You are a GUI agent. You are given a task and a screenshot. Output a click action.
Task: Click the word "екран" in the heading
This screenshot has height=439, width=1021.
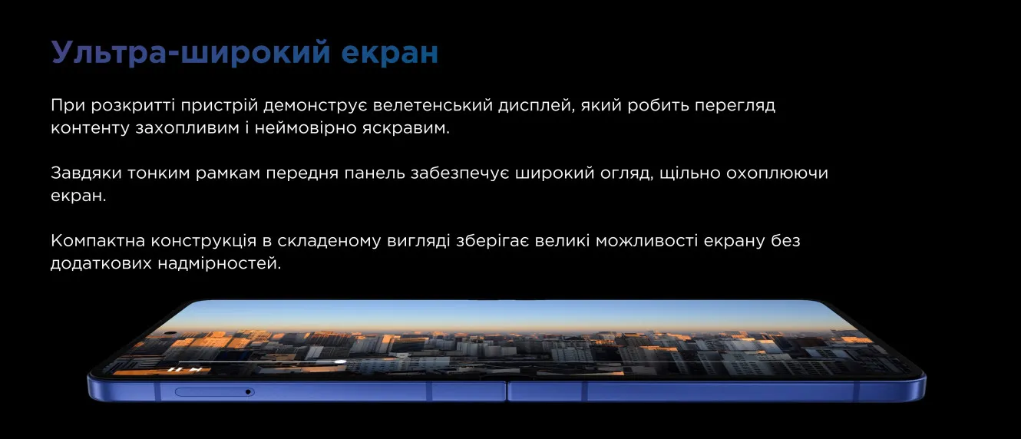click(390, 52)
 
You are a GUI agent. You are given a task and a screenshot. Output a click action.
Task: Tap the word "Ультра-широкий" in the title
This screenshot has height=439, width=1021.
click(191, 52)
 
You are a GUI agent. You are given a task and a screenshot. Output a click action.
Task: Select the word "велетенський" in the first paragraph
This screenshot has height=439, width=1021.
click(432, 105)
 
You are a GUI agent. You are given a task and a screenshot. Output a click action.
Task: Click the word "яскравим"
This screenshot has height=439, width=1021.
click(405, 128)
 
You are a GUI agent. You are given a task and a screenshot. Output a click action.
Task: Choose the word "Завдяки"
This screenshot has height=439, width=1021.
click(86, 173)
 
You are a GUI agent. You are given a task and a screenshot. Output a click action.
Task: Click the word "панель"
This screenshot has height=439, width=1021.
click(374, 173)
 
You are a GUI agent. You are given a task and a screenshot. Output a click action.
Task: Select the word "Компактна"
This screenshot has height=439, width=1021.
click(97, 241)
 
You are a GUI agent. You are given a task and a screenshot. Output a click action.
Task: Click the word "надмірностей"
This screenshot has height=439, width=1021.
click(220, 264)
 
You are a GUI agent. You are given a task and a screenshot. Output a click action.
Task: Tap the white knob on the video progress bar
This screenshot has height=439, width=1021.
click(339, 362)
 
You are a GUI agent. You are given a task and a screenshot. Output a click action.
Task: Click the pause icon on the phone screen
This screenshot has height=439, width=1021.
click(175, 369)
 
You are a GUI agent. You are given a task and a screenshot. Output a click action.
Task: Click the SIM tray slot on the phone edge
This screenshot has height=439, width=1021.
click(215, 392)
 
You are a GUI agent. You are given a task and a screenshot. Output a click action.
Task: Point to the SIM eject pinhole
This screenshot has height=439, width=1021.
click(248, 392)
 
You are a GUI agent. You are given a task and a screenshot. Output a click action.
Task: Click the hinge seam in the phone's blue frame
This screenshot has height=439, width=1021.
click(507, 392)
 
